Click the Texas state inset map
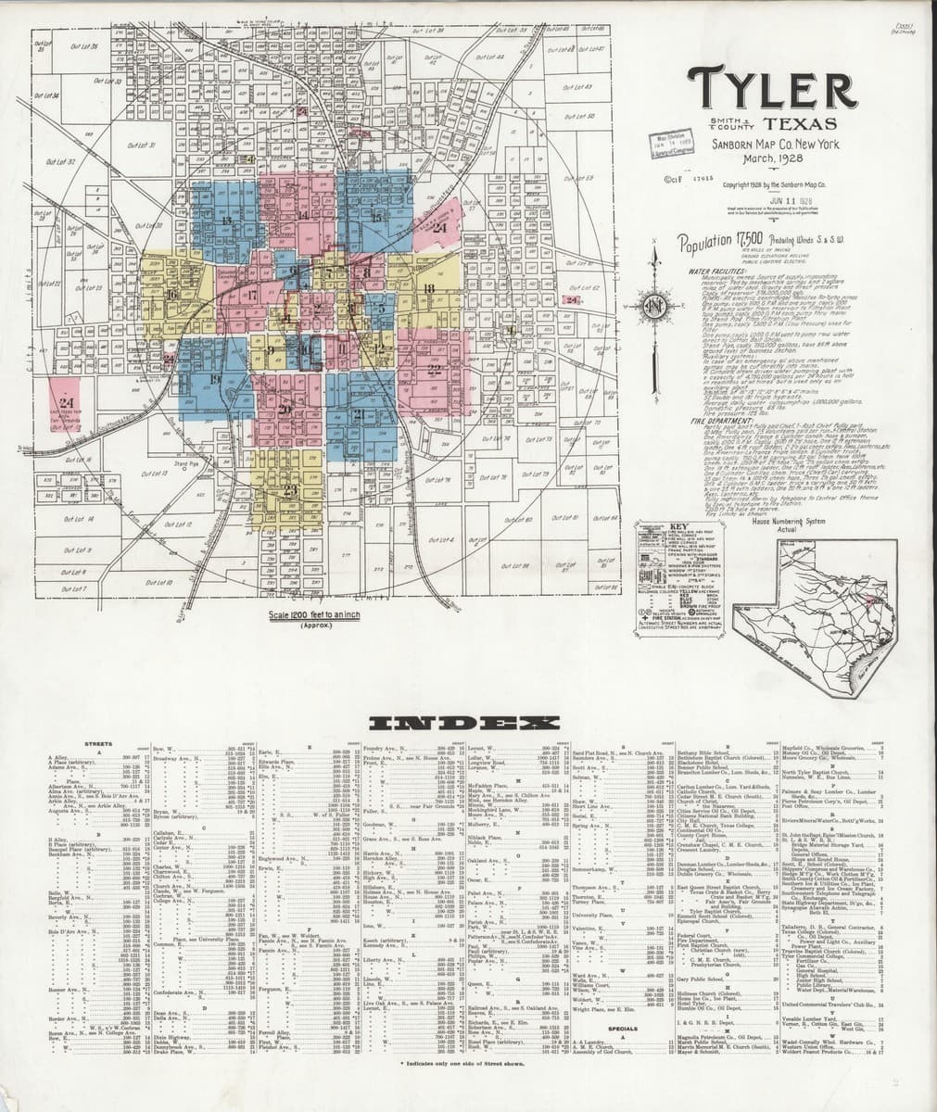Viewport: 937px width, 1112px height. click(x=816, y=602)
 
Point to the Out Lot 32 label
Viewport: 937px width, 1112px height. click(x=59, y=161)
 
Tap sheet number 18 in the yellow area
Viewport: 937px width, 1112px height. click(x=428, y=289)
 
